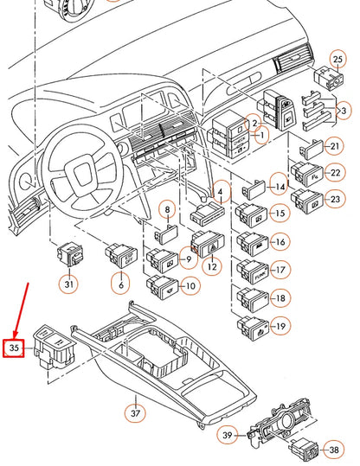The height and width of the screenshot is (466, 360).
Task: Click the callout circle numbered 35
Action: pos(14,348)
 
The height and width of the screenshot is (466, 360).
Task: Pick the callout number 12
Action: pos(209,267)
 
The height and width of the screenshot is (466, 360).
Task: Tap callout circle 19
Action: pos(279,326)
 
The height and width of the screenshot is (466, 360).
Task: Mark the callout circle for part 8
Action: pos(167,210)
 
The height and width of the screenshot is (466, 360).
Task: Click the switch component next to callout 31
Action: pos(68,254)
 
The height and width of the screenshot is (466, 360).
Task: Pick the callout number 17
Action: pos(279,270)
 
